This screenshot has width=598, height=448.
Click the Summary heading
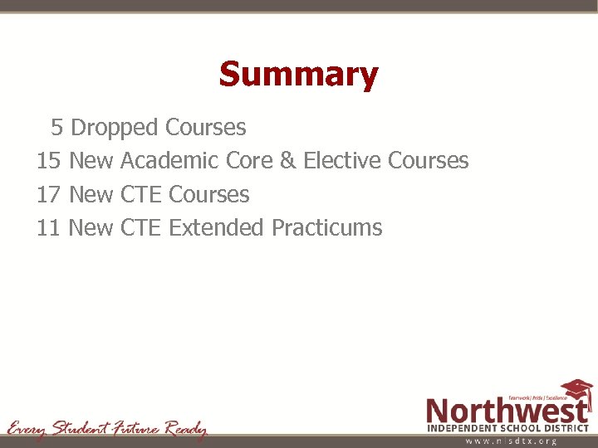298,75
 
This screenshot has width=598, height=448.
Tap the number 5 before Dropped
56,128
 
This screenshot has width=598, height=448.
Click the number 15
49,161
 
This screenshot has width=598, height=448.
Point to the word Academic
170,161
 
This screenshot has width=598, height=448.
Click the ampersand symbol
287,161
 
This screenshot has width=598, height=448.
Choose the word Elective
341,161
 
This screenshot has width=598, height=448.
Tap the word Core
249,161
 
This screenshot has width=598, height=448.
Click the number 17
49,194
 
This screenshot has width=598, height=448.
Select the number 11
49,227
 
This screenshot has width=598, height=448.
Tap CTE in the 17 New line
141,194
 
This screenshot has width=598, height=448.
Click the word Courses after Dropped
205,128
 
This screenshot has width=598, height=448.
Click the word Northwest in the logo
507,410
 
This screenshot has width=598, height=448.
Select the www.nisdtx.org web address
510,441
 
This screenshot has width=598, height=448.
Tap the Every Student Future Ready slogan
107,429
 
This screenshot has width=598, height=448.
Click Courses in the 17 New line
208,194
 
